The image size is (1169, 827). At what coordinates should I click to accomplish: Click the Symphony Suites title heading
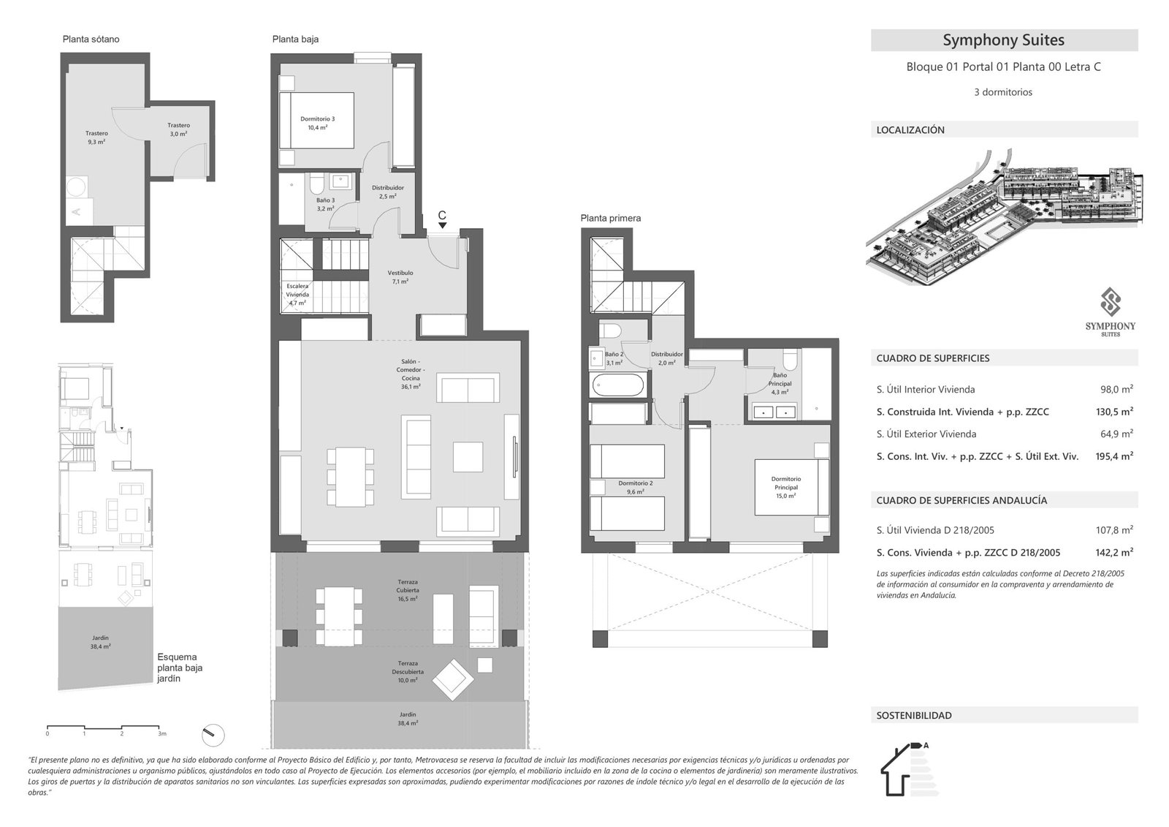1003,40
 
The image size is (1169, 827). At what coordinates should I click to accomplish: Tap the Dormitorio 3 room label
317,123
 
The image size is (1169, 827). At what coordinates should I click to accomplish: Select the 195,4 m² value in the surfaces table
1116,456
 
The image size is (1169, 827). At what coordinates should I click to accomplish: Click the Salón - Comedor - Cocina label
410,374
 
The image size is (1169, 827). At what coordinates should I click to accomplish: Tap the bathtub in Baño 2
618,385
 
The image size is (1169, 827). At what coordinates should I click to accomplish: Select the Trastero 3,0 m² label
178,129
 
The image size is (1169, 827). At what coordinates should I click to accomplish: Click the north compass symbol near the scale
213,733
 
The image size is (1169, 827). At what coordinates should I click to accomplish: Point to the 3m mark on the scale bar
161,732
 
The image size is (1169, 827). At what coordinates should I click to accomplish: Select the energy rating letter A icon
926,746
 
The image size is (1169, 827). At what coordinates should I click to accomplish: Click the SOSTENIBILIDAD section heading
914,716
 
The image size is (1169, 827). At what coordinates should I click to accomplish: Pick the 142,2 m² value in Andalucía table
1116,553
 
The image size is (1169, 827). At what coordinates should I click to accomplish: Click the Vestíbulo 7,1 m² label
400,277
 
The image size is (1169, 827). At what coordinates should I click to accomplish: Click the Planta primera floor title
610,218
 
